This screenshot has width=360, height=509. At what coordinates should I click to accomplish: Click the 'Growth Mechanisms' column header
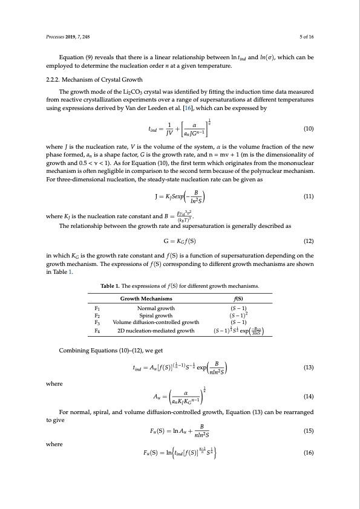146,299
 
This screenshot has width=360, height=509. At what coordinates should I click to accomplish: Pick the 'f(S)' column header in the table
238,299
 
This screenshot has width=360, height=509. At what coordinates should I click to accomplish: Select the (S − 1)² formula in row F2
238,315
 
